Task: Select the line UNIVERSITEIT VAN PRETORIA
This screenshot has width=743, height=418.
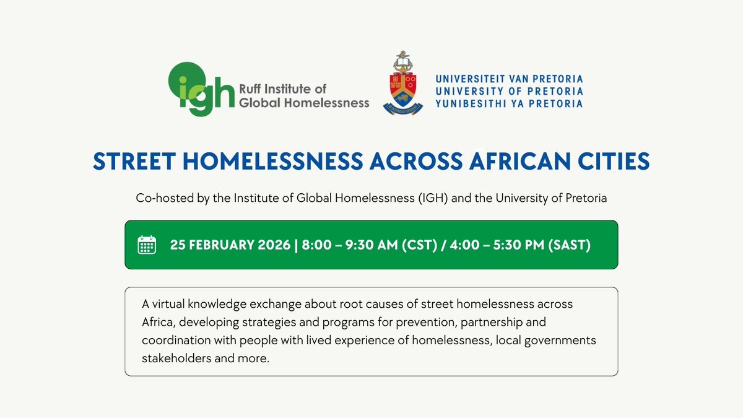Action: [x=509, y=79]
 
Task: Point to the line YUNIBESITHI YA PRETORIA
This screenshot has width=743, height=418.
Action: [x=509, y=103]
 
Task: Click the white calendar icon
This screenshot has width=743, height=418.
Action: [x=147, y=245]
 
